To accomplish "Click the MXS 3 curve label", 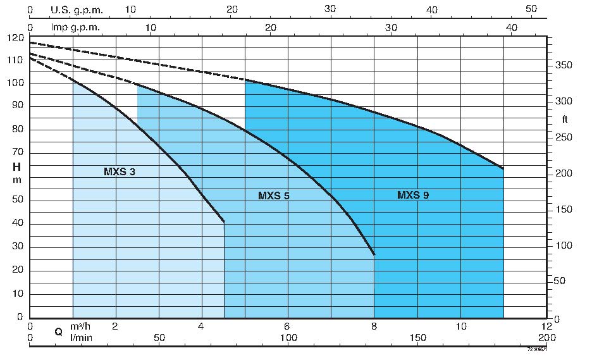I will pos(120,171).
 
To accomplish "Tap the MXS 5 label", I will pos(274,196).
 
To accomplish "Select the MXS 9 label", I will pos(413,196).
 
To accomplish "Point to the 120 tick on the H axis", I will pos(16,37).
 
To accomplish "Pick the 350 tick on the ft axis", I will pos(564,66).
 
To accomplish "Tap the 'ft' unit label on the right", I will pos(565,119).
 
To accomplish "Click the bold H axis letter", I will pos(16,167).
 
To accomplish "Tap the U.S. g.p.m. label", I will pos(77,10).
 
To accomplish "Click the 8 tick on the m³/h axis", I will pos(374,326).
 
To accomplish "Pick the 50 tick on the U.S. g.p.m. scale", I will pos(531,10).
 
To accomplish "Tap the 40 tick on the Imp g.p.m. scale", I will pos(512,28).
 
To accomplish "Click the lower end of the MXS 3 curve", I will pos(225,222).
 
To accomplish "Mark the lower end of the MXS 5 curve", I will pos(374,255).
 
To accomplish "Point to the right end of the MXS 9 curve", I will pos(503,169).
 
